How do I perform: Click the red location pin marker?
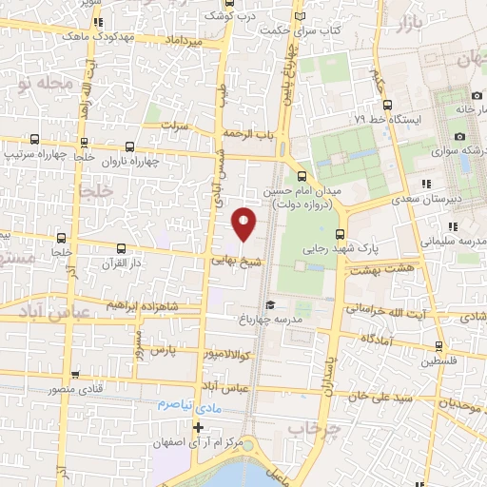[x=244, y=224]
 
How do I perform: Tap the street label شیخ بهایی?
[x=232, y=257]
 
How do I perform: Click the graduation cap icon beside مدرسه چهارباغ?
[x=270, y=305]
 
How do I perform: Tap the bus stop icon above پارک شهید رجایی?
[x=341, y=234]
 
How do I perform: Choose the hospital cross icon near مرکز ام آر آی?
[x=198, y=427]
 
